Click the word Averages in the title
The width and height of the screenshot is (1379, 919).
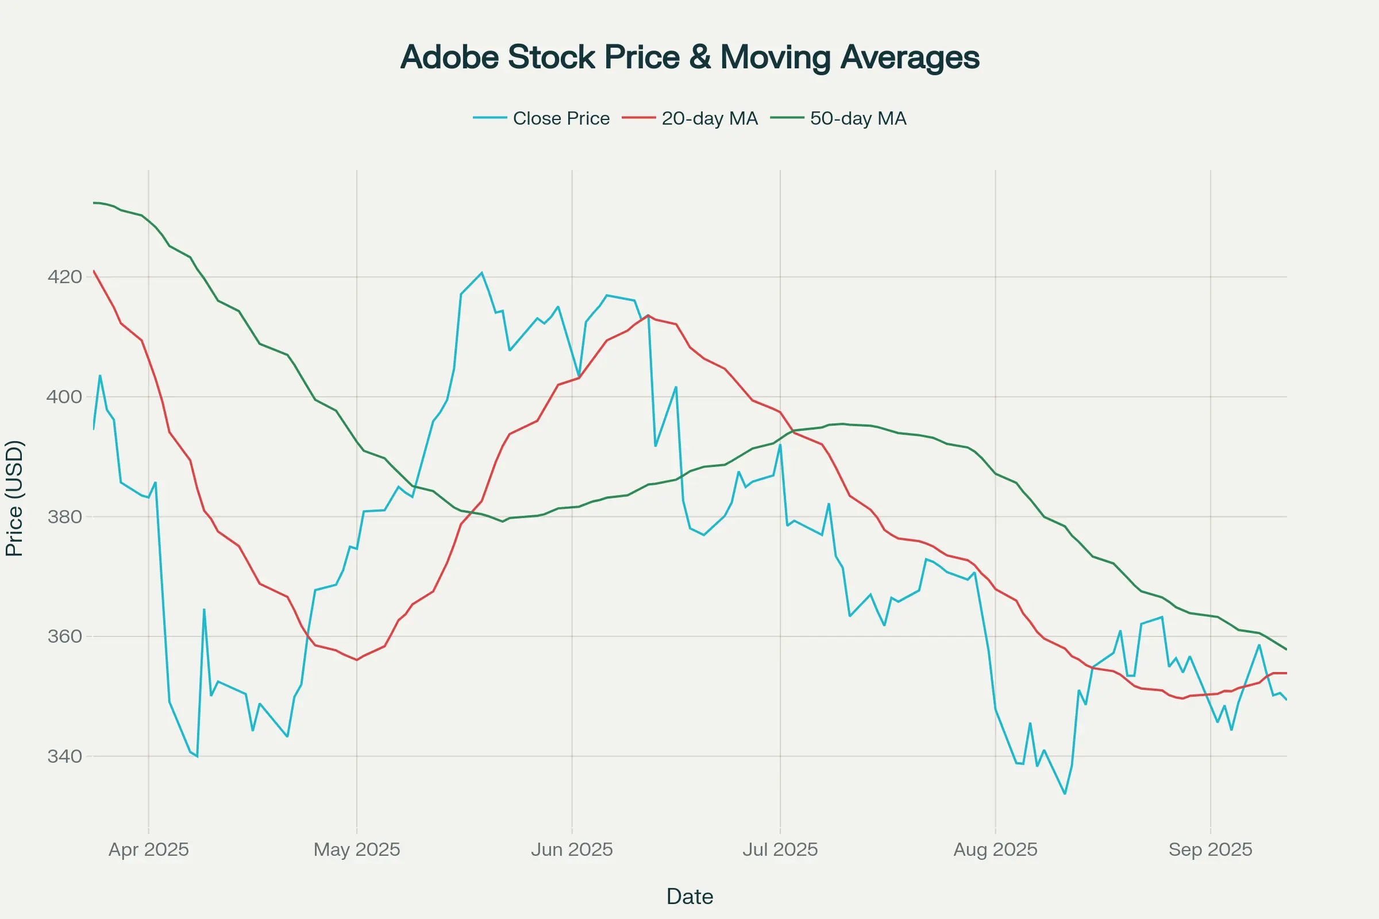(x=910, y=57)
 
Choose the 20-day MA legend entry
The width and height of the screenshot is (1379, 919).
(x=709, y=118)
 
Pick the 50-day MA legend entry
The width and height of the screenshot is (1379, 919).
(x=858, y=118)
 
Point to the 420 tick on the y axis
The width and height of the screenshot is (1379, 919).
(x=64, y=277)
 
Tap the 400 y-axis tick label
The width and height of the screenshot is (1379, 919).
(x=64, y=397)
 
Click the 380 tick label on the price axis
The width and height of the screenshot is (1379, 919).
(x=64, y=517)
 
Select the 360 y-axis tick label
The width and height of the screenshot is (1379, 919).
(x=64, y=636)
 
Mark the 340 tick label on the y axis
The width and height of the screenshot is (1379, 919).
(x=64, y=756)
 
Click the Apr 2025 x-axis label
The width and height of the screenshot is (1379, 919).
(x=149, y=850)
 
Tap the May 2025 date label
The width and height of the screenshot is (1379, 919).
(x=356, y=850)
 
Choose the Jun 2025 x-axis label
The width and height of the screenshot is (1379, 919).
(x=572, y=850)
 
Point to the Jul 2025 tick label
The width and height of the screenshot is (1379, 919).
(x=780, y=850)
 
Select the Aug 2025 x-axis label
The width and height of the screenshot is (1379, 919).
(x=995, y=850)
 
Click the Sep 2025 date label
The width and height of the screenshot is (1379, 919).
(x=1210, y=850)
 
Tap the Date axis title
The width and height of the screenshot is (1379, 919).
(x=689, y=897)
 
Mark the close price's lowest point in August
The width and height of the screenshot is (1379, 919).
(x=1065, y=794)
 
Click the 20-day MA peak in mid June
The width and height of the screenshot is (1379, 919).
(x=648, y=315)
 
